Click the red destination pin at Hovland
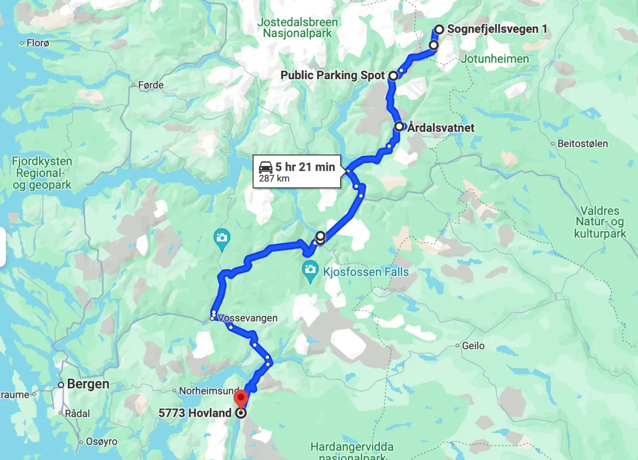[x=241, y=399]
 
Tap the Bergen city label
[x=88, y=384]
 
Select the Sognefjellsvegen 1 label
[x=497, y=29]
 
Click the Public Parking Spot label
[x=332, y=75]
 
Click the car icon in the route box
[x=266, y=167]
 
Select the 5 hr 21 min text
[x=305, y=167]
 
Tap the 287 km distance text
[x=274, y=178]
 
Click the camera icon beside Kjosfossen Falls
[x=311, y=270]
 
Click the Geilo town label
[x=474, y=345]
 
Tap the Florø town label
[x=38, y=43]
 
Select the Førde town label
[x=151, y=85]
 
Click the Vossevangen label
[x=248, y=318]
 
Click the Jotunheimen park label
[x=495, y=59]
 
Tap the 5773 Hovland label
[x=195, y=413]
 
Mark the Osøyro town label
[x=102, y=442]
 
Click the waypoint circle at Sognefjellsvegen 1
[x=439, y=29]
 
